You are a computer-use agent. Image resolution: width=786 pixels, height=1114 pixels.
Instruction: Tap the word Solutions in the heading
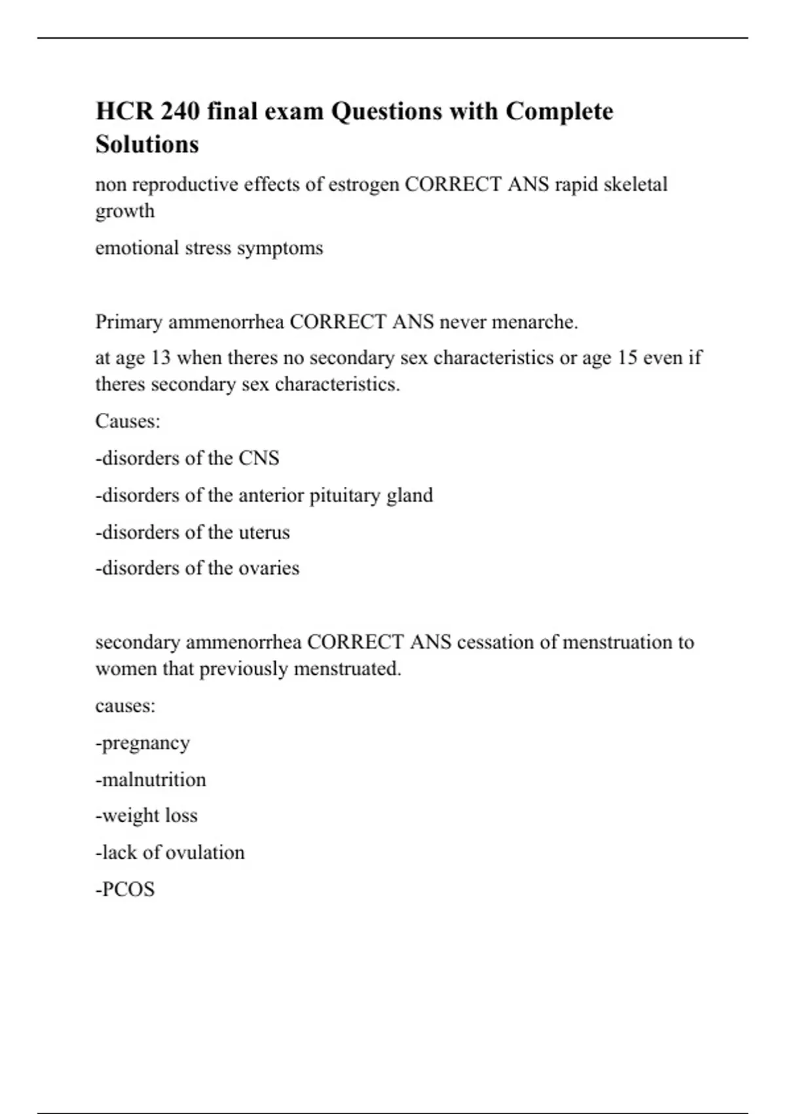[x=147, y=144]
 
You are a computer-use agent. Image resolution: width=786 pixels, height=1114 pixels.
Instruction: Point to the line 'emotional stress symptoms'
[x=209, y=248]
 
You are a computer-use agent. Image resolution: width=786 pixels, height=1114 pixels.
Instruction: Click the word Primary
[x=129, y=322]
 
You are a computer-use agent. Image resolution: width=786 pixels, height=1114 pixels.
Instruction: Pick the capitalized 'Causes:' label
[x=128, y=421]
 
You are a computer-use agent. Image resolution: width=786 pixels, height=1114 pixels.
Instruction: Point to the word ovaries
[x=269, y=568]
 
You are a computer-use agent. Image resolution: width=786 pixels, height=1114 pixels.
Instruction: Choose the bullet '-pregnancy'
[x=143, y=744]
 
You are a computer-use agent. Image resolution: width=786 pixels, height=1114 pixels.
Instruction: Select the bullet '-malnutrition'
[x=151, y=780]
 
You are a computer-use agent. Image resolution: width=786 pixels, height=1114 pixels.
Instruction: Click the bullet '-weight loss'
[x=146, y=816]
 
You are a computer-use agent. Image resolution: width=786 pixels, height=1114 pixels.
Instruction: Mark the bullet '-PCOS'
[x=125, y=890]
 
